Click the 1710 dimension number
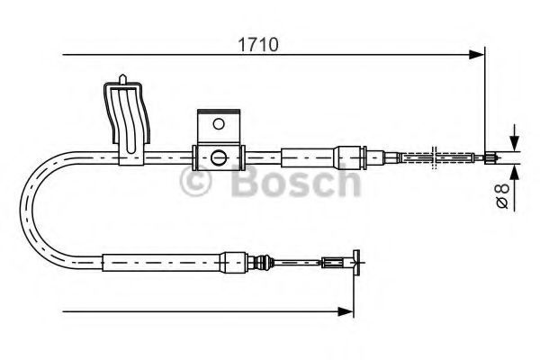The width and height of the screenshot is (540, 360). point(258,45)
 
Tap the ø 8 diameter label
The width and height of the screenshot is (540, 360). point(502,195)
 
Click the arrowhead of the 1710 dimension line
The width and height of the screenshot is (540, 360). point(477,54)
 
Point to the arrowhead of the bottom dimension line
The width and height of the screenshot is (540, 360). point(346,311)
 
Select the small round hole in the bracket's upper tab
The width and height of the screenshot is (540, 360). point(219,123)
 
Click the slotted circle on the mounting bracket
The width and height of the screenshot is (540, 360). point(219,157)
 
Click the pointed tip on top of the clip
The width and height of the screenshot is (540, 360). point(122,76)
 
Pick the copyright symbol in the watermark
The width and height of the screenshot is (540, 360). point(195,181)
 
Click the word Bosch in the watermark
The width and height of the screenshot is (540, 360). point(296,181)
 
